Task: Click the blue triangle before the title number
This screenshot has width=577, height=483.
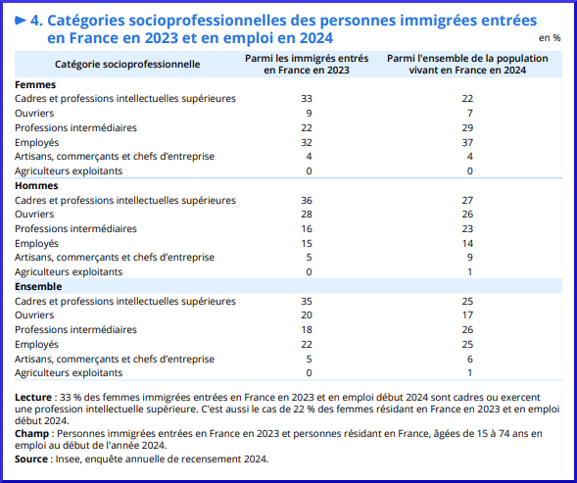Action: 21,21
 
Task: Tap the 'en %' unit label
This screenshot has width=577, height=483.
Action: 550,38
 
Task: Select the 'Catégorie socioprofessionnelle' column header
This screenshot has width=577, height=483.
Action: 127,64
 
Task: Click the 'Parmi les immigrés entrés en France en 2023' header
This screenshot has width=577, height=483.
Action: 307,64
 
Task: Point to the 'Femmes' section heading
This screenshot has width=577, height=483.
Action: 35,84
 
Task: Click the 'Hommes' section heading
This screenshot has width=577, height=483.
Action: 36,185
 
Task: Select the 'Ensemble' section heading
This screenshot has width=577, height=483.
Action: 38,286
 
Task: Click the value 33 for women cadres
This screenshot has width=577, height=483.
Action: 307,99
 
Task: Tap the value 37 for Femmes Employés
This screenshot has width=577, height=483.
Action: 467,142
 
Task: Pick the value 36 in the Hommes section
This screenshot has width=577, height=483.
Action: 307,200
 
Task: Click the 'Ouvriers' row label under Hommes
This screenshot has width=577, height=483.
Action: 34,214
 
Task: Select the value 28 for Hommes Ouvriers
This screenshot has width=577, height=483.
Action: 307,215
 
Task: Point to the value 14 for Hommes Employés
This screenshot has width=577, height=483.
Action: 467,243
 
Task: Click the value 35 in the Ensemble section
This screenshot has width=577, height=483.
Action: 307,301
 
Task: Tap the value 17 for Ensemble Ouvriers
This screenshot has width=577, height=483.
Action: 467,315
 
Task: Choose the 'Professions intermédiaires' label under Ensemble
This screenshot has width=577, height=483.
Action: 75,329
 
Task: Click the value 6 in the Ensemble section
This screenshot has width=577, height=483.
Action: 470,359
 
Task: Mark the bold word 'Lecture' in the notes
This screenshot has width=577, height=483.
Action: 33,397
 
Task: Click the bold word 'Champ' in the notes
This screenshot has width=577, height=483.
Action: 31,433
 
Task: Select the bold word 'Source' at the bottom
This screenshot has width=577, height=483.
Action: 31,459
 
